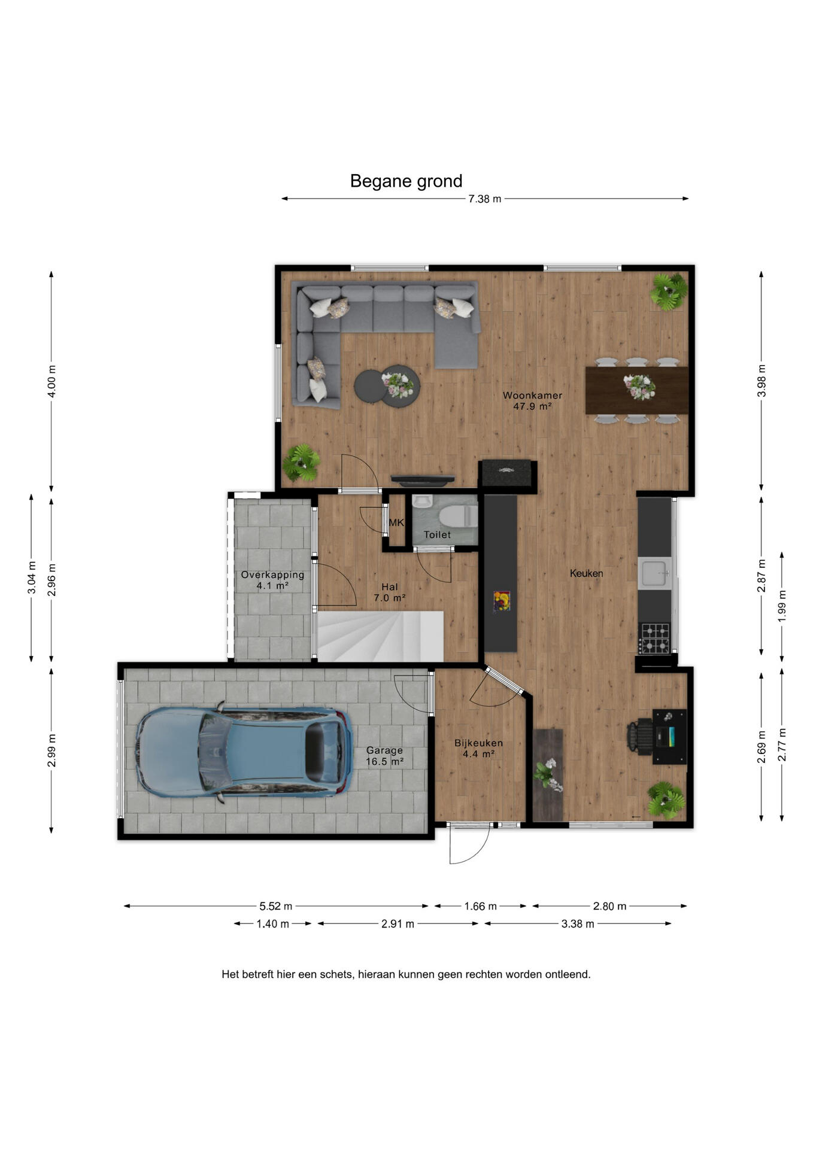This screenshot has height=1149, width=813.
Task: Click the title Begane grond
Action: tap(406, 181)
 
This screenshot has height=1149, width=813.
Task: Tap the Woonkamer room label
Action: tap(532, 396)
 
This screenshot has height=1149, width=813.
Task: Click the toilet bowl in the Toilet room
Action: tap(459, 515)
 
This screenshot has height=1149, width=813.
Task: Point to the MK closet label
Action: tap(396, 522)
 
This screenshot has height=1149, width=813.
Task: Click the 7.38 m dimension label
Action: tap(485, 199)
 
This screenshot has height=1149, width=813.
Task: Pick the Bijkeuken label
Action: tap(478, 743)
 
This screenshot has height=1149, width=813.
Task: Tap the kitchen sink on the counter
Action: tap(655, 573)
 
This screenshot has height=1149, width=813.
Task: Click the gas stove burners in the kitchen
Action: tap(655, 638)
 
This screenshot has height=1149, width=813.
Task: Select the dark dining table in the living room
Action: tap(637, 390)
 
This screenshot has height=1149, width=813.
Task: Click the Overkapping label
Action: tap(272, 575)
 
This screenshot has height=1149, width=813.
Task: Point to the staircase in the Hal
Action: tap(380, 636)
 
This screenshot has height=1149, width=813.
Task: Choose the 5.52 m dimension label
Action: tap(276, 906)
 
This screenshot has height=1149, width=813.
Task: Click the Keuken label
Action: tap(586, 573)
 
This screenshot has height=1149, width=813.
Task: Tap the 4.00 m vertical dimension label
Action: tap(51, 381)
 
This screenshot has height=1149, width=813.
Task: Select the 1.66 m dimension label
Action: tap(481, 906)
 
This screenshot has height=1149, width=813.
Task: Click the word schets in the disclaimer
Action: tap(336, 974)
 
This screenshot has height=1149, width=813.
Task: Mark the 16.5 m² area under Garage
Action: tap(385, 762)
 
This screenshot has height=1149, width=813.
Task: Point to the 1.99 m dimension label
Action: tap(782, 606)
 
